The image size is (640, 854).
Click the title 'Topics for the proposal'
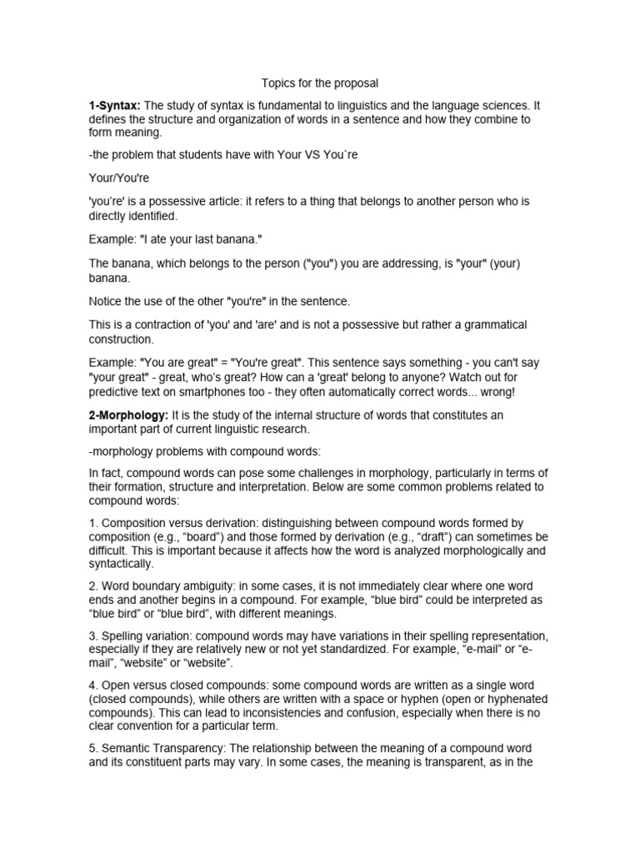click(320, 83)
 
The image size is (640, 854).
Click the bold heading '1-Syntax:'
click(115, 105)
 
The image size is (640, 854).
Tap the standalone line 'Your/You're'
click(118, 178)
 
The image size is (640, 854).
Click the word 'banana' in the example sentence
click(237, 239)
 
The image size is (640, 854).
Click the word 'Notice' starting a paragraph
click(107, 301)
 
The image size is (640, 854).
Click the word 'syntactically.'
click(122, 564)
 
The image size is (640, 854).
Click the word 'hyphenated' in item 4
click(515, 698)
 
